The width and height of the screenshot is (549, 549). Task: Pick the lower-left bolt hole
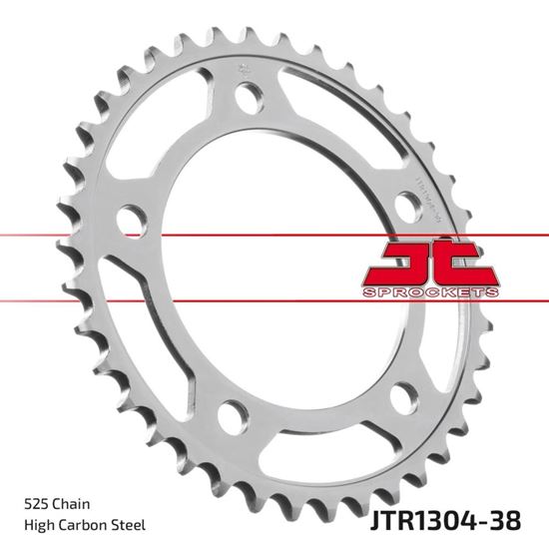[231, 412]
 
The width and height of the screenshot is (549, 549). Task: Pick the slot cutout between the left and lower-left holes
[150, 329]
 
